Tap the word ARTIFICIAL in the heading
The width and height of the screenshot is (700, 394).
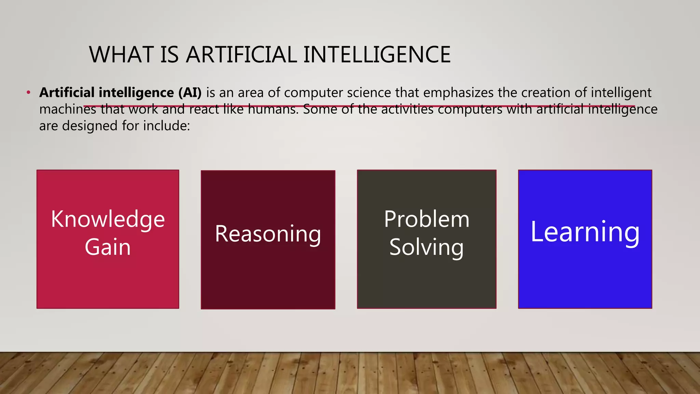point(241,55)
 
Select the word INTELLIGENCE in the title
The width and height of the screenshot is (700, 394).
point(377,55)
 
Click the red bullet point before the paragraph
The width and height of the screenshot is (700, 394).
point(29,93)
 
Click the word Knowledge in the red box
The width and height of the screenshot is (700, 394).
point(108,219)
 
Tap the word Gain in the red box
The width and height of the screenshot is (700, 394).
point(108,247)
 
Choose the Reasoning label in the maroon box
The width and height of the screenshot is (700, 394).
point(268,234)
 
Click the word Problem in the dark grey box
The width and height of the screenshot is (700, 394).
point(427,219)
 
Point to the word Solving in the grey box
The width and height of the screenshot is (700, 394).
point(427,247)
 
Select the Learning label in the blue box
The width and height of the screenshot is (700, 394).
point(585,232)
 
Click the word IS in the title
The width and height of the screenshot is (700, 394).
point(169,55)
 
